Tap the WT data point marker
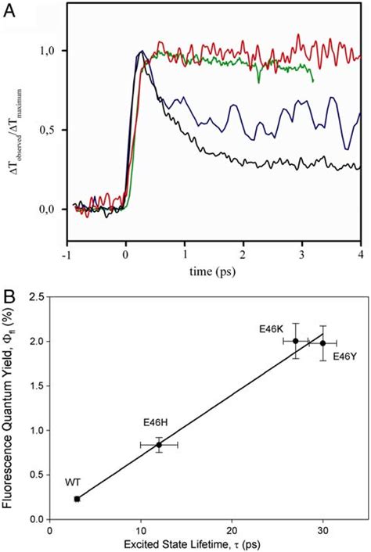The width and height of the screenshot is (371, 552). (77, 499)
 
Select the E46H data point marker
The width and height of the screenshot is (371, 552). (159, 444)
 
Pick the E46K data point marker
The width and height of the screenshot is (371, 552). (295, 340)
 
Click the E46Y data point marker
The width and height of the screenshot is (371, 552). (322, 342)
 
